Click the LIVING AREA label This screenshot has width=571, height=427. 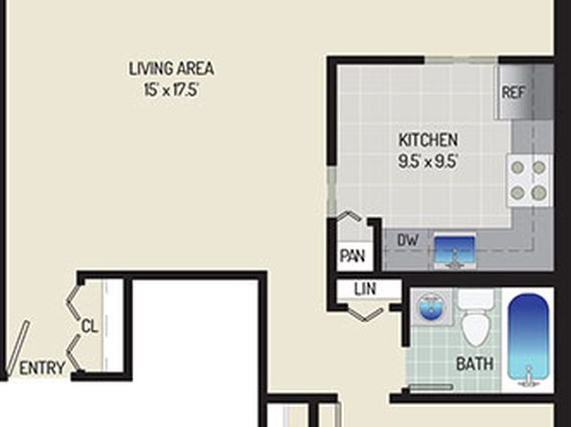click(x=171, y=69)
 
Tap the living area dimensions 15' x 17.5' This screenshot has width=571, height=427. click(x=171, y=90)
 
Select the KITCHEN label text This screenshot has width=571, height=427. click(x=428, y=140)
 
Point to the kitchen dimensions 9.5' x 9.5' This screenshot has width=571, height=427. click(x=427, y=161)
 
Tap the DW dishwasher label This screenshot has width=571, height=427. click(x=408, y=240)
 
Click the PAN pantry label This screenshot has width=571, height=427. click(x=353, y=256)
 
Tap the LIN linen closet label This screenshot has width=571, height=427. click(x=365, y=289)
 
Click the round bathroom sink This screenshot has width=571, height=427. click(x=430, y=307)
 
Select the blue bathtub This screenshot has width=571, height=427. click(x=528, y=342)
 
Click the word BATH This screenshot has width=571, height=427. click(x=475, y=364)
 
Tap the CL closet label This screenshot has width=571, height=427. click(x=90, y=326)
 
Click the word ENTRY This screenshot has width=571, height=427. click(x=42, y=368)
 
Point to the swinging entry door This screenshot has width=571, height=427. click(x=16, y=349)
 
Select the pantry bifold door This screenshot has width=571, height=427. click(x=350, y=216)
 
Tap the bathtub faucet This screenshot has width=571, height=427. click(x=529, y=377)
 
